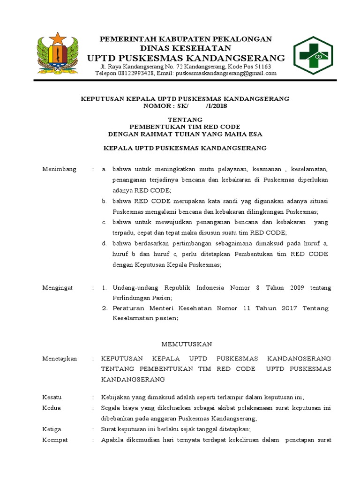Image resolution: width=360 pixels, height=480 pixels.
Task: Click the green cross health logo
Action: point(313,55)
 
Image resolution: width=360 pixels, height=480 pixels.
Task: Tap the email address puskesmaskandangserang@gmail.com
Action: point(223,73)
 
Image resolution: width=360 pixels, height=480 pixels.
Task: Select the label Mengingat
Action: point(58,287)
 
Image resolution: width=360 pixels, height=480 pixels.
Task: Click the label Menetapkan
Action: point(60,358)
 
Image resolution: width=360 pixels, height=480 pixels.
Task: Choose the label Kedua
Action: point(52,408)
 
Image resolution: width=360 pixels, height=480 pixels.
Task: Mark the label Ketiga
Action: point(52,429)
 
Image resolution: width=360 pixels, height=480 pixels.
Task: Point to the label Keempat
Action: point(55,440)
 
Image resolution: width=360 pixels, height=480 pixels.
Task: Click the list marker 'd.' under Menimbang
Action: point(105,243)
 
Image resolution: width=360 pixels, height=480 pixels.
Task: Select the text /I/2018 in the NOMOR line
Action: point(217,105)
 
